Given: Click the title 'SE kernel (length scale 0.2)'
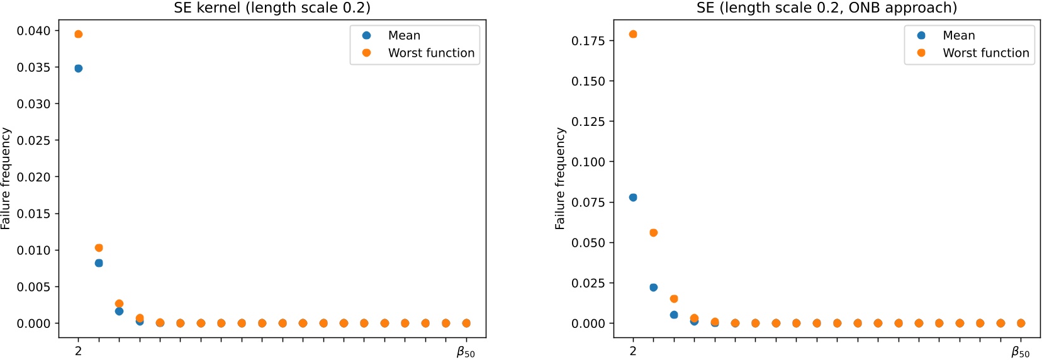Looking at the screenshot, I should [272, 8].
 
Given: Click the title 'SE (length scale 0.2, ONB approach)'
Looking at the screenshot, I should [826, 8].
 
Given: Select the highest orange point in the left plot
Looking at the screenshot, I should [79, 34].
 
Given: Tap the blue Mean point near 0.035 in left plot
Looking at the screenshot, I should [79, 69].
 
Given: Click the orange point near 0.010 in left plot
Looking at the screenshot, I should [99, 248].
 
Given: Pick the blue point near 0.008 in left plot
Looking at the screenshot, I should [99, 263].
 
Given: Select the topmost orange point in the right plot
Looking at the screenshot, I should [633, 34].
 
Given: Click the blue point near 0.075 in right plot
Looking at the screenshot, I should [633, 198].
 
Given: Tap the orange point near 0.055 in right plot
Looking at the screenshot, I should [653, 233].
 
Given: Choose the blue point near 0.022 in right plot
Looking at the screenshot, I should [653, 288].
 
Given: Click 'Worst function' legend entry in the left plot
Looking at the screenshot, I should [431, 53].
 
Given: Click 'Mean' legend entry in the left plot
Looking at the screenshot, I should [404, 35].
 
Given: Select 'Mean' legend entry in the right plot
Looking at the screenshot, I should [958, 35].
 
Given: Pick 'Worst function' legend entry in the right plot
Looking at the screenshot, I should [985, 53].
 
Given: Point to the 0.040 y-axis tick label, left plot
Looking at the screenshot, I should [33, 31].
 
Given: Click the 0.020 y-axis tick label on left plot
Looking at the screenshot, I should [33, 177].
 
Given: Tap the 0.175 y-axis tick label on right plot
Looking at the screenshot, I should [588, 41].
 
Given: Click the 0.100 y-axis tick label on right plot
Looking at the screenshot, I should [588, 162].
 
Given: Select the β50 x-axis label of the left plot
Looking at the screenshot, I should [466, 352].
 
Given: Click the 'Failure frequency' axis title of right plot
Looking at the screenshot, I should [560, 178].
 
